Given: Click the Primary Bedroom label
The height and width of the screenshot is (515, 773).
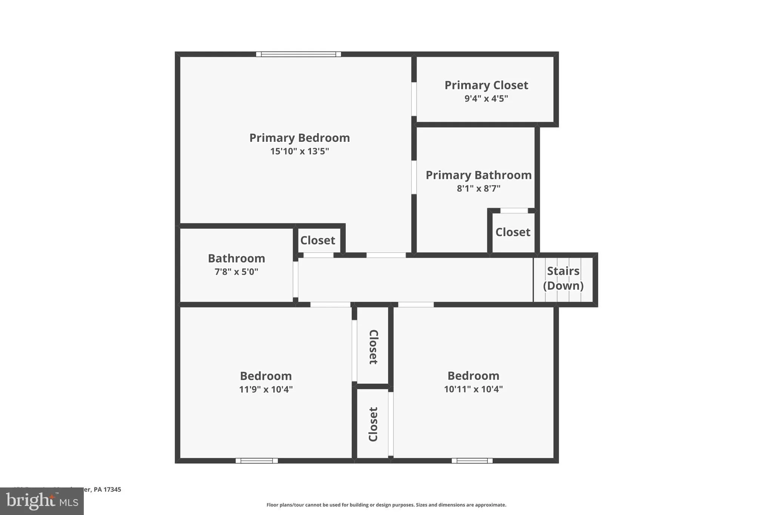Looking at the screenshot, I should point(299,138).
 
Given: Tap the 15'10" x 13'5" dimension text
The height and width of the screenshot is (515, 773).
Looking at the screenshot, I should point(299,151).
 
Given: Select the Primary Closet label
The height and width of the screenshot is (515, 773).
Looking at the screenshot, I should point(486,85).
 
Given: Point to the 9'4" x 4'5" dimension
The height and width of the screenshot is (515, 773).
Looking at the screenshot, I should point(486,98).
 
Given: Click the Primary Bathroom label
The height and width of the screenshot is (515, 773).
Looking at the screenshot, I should point(479,175).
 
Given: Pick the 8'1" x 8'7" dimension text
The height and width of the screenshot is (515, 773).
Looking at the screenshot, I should point(479,188).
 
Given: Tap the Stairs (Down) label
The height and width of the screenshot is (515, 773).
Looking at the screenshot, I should point(563,278).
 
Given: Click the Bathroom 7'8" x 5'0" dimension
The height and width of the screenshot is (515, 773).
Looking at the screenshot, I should point(236,272).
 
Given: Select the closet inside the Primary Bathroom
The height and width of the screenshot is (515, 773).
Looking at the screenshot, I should point(513,232).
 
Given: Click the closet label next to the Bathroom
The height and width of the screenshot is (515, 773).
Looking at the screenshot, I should point(317,240).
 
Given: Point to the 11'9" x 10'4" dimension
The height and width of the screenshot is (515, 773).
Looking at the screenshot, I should point(266,389).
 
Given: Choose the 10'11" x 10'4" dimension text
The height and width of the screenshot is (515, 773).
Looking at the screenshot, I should point(473,389).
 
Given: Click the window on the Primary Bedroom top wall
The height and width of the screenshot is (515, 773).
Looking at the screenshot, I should point(298,54).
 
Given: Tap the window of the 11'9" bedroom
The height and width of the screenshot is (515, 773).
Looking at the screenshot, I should point(257,461).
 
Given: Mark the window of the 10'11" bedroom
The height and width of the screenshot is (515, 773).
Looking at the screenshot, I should point(472,461).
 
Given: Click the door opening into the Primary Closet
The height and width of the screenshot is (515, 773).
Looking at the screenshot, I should point(414,99).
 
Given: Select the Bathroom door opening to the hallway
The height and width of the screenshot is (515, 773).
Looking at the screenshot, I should point(296,280).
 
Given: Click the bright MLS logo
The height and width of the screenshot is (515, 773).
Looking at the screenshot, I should point(42,501).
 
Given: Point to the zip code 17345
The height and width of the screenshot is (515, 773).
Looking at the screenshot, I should point(112,489).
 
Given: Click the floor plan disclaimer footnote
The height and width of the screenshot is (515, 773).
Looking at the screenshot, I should point(386,505).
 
